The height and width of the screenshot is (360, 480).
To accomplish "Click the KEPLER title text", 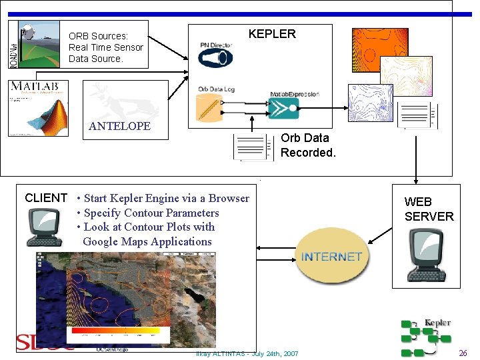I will pos(271,34).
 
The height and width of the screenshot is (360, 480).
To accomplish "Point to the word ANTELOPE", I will pos(120,126).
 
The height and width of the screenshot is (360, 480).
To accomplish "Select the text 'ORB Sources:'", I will pos(98,36).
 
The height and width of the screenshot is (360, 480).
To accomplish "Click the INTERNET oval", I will pos(331,257).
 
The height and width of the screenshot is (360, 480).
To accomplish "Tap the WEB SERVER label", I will pos(429,209).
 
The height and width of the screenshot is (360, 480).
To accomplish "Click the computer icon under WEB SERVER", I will pos(425,253).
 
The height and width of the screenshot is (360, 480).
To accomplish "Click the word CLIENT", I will pos(46,198).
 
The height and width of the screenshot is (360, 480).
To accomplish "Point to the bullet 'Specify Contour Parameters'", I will pos(151,213).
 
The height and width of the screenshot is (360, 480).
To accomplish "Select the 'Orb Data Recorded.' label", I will pos(307,145).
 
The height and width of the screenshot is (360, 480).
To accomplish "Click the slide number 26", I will pos(463,353).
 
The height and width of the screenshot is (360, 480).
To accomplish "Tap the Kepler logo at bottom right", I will pos(425,336).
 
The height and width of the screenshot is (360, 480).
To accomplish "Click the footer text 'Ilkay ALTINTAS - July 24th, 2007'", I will pos(247,353).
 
